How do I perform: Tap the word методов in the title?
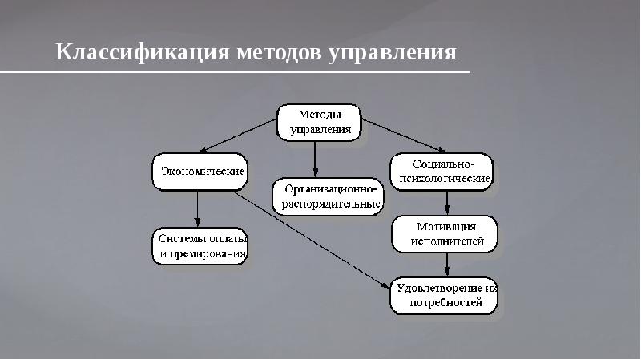279,53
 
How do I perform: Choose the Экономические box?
200,172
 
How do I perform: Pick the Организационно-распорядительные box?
328,196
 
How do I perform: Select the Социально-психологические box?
441,170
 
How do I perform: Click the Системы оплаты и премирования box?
200,246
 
